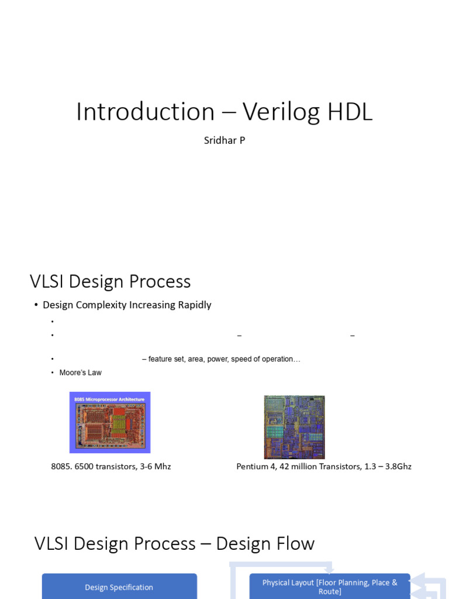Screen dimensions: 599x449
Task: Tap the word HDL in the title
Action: [x=350, y=112]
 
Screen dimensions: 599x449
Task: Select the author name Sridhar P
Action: [x=224, y=140]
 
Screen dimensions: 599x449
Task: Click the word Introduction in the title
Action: [x=146, y=112]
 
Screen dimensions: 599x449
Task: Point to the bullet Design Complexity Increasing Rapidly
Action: [x=127, y=305]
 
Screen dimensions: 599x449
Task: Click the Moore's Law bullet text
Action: [x=80, y=373]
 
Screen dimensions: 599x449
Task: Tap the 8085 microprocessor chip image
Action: [x=110, y=422]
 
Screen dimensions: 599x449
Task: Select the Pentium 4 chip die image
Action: [x=294, y=426]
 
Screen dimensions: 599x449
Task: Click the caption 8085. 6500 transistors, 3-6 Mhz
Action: [x=111, y=466]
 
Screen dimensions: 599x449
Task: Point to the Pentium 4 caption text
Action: [x=324, y=466]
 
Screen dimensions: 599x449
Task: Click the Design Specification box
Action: [x=119, y=587]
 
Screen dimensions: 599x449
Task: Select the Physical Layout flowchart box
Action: [x=330, y=587]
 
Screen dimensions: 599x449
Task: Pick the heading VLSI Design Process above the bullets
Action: [x=110, y=281]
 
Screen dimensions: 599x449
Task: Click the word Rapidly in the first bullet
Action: [x=195, y=305]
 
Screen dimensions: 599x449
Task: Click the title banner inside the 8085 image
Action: [x=110, y=399]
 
